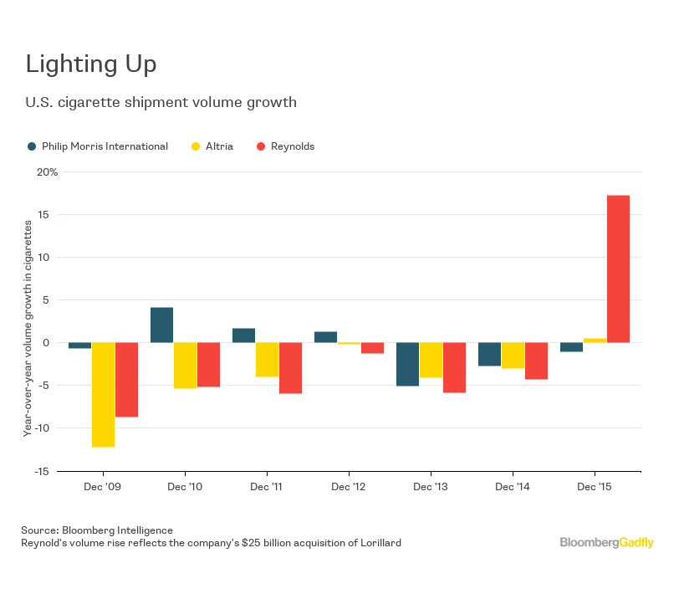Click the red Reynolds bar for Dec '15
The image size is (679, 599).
(x=618, y=269)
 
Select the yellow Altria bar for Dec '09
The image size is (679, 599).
(x=103, y=394)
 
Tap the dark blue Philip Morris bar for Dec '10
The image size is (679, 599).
(x=161, y=325)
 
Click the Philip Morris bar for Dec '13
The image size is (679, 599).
(x=407, y=364)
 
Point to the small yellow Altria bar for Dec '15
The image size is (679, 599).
(x=595, y=340)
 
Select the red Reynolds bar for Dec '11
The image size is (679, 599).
(x=290, y=367)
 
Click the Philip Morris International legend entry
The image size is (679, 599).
(x=97, y=146)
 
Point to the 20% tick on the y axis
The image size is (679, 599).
(x=47, y=172)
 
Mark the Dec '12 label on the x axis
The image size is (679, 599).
(x=348, y=486)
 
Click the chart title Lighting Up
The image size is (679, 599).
(x=91, y=64)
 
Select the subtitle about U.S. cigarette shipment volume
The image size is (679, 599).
(x=161, y=103)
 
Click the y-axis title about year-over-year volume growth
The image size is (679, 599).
(x=28, y=322)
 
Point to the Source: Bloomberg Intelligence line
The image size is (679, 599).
(x=97, y=530)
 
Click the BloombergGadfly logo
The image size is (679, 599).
(x=606, y=543)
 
